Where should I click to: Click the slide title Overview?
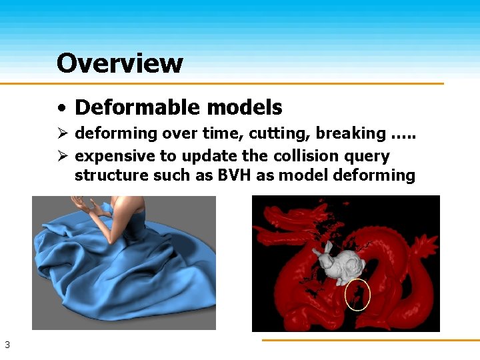pyautogui.click(x=119, y=63)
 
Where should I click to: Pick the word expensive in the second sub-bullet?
pyautogui.click(x=108, y=156)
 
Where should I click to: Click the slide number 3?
pyautogui.click(x=7, y=345)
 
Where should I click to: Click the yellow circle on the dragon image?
pyautogui.click(x=358, y=294)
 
